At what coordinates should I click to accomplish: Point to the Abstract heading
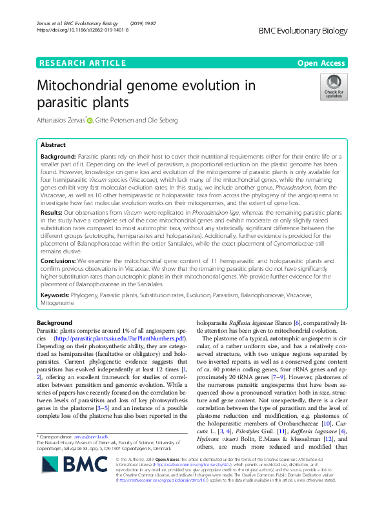click(x=54, y=145)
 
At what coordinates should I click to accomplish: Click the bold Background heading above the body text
click(x=55, y=322)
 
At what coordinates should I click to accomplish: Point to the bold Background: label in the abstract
click(x=57, y=157)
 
